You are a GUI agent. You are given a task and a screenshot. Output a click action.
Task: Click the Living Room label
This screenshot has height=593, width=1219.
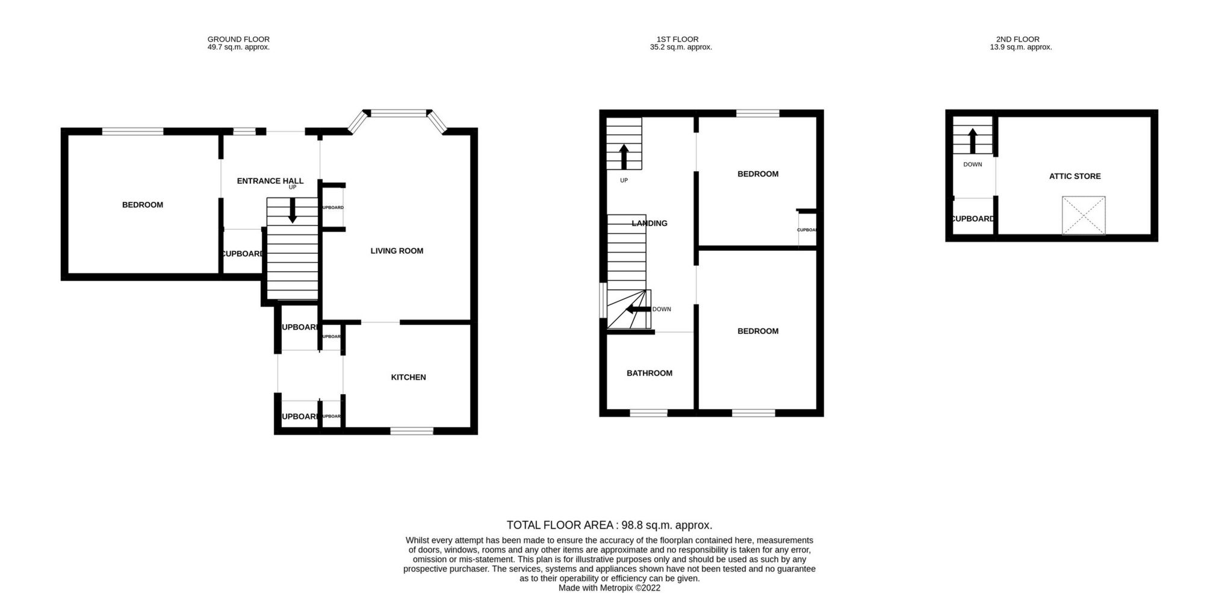click(x=397, y=251)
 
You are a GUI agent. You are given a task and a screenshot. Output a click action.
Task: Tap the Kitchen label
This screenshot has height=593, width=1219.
click(x=408, y=377)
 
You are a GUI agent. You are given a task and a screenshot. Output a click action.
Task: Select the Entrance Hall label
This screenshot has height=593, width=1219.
click(x=270, y=181)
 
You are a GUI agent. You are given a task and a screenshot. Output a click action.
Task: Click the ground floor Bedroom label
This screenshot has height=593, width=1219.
click(x=143, y=205)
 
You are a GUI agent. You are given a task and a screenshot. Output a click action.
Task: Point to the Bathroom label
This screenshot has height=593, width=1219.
click(x=649, y=373)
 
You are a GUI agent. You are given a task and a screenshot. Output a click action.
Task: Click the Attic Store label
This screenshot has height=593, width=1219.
click(x=1075, y=176)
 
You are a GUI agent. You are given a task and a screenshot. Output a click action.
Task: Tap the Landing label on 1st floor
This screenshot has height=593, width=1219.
click(x=650, y=223)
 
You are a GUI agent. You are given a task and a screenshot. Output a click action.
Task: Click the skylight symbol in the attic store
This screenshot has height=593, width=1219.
click(x=1083, y=215)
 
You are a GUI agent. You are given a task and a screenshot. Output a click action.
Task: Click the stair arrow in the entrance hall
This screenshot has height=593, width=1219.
click(x=293, y=210)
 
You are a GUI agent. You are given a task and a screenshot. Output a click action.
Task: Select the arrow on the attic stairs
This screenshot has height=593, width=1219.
click(x=972, y=140)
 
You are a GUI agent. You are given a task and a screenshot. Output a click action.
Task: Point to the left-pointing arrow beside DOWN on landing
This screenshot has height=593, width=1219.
click(x=638, y=309)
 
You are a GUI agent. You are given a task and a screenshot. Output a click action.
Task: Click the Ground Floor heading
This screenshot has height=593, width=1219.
click(x=238, y=39)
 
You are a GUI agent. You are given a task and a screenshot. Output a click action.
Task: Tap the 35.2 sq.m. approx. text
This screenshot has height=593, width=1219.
click(x=681, y=47)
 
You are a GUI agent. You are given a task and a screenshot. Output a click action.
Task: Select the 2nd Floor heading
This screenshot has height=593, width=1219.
click(x=1020, y=39)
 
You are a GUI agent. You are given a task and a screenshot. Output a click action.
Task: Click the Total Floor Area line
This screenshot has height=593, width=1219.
click(x=609, y=525)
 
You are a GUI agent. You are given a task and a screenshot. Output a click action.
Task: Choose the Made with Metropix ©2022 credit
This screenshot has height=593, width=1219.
click(x=609, y=588)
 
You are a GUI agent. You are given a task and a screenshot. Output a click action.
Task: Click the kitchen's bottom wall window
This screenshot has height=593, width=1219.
click(x=411, y=430)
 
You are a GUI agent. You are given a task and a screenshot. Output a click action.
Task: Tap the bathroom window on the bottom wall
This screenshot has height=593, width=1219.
click(x=648, y=413)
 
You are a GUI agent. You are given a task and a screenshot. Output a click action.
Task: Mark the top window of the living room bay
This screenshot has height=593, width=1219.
click(x=397, y=113)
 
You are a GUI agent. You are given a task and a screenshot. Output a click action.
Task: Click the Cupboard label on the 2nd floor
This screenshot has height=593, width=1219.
click(x=972, y=219)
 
